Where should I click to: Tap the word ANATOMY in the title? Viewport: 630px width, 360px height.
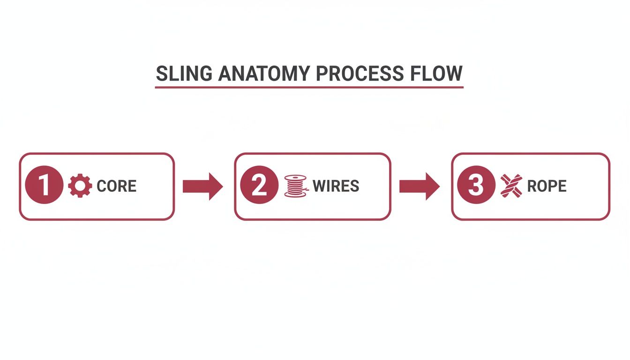[264, 74]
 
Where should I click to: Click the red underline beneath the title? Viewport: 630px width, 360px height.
[309, 87]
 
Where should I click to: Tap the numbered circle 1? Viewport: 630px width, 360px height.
[44, 186]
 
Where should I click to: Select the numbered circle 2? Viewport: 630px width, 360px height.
[259, 186]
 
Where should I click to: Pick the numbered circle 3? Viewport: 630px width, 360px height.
[476, 186]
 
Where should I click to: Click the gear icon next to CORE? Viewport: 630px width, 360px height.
[80, 186]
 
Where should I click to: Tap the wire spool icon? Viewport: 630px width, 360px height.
[295, 186]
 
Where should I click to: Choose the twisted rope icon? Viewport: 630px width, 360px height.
[511, 186]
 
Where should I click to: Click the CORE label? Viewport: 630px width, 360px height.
[116, 186]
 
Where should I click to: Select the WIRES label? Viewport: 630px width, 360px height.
[336, 186]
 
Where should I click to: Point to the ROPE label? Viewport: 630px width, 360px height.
[547, 186]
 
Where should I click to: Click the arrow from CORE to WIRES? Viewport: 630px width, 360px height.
[202, 186]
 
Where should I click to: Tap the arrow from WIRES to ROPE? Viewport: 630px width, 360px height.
[419, 186]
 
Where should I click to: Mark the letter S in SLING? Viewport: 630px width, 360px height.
[161, 74]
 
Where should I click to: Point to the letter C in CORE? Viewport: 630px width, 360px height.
[101, 186]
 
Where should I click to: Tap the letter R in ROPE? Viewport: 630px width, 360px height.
[532, 186]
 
